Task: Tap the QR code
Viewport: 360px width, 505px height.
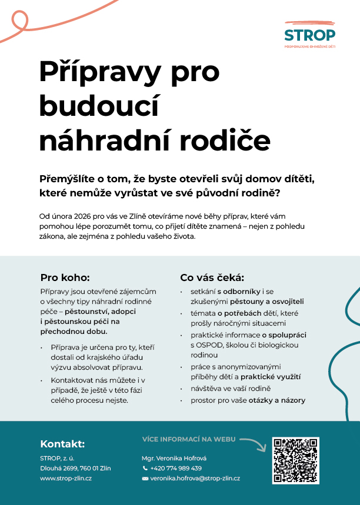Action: [x=296, y=460]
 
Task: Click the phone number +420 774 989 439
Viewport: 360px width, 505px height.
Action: [x=176, y=468]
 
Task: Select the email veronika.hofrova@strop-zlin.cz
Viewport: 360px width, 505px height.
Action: [x=195, y=479]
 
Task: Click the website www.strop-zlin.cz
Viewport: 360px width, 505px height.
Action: [x=66, y=479]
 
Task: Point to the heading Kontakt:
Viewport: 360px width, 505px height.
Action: [x=62, y=444]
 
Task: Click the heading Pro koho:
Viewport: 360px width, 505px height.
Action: [x=65, y=277]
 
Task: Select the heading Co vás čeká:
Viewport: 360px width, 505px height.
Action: [x=212, y=277]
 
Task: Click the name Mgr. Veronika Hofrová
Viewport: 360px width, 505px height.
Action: [x=174, y=457]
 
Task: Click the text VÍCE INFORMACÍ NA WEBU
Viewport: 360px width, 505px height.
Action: [x=188, y=439]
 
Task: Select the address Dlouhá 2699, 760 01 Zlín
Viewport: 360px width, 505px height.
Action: [x=75, y=468]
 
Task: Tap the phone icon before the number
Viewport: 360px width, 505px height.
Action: [x=145, y=468]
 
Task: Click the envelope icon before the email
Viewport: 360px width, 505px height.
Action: [x=145, y=479]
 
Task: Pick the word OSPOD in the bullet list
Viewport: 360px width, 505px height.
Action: [x=201, y=345]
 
